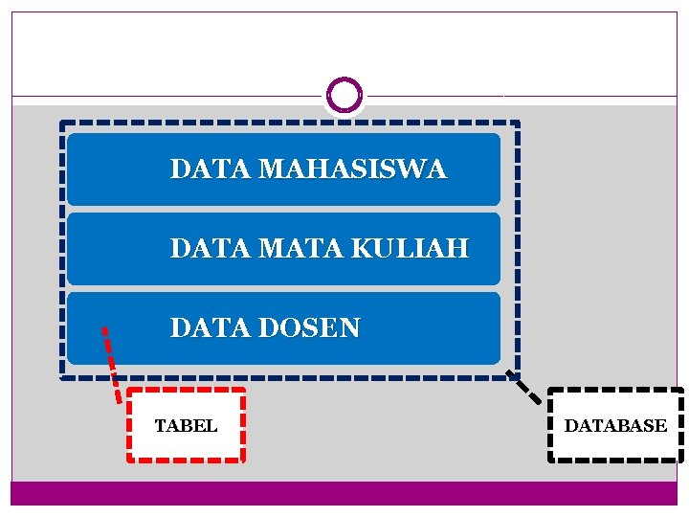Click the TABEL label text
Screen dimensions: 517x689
point(186,426)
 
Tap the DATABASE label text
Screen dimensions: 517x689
point(615,426)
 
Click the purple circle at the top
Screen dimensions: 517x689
point(344,95)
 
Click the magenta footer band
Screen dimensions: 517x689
point(344,493)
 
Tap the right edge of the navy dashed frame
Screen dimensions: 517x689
point(518,249)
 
